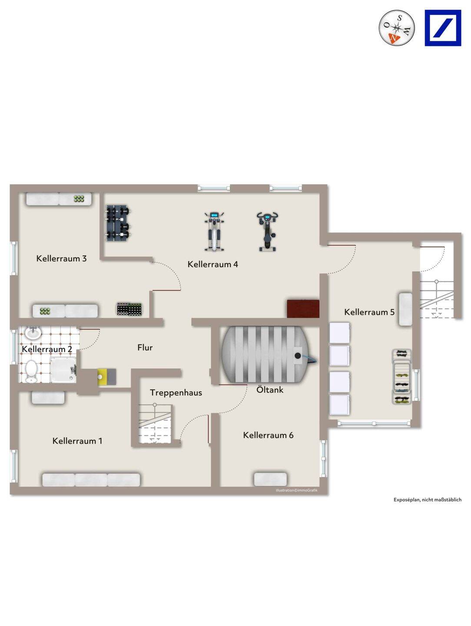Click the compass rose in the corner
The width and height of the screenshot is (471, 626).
396,28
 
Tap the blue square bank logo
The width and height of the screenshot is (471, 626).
443,28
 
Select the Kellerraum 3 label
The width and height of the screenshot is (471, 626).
61,258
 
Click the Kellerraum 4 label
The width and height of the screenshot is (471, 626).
212,264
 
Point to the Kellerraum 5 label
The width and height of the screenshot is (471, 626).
369,312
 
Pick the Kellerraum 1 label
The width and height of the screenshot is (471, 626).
77,441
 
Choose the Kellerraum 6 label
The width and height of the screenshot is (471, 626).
268,435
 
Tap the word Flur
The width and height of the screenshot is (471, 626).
145,347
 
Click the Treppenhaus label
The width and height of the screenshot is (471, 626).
176,393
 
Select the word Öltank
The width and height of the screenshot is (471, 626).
270,390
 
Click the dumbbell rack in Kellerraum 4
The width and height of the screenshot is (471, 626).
118,223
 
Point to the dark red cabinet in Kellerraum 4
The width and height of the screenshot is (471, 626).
303,308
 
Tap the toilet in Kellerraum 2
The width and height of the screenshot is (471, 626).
30,371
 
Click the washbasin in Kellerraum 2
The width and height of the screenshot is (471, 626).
33,333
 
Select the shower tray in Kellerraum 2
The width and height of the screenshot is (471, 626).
63,370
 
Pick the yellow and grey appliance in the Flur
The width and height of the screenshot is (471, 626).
107,376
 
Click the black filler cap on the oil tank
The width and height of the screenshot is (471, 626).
298,355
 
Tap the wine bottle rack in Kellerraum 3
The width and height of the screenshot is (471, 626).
129,309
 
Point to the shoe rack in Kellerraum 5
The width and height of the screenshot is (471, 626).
402,376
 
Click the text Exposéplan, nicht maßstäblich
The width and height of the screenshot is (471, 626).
428,499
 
